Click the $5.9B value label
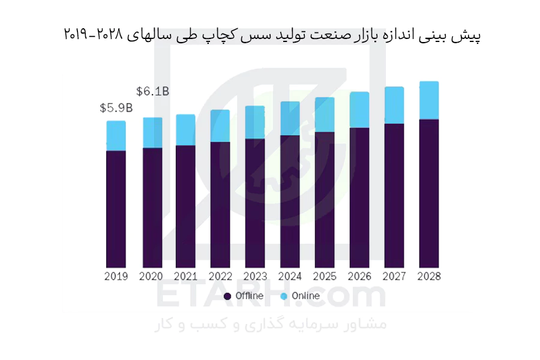coord(116,108)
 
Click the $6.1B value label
coord(152,91)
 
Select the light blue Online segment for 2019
coord(116,136)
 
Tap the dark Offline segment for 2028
coord(429,194)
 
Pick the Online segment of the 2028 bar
coord(429,101)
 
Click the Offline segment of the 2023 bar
coord(255,203)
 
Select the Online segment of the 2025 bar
coord(325,115)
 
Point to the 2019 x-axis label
coord(116,276)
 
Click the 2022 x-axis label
coord(220,276)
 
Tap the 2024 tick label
coord(290,276)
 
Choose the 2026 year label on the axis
coord(359,276)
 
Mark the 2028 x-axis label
coord(429,276)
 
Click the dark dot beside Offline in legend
coord(227,296)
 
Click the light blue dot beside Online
coord(284,296)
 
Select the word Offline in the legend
coord(250,296)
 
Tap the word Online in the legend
coord(306,296)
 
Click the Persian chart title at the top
coord(272,35)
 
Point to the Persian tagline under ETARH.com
coord(271,324)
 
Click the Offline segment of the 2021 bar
coord(185,206)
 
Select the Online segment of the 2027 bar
coord(394,106)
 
